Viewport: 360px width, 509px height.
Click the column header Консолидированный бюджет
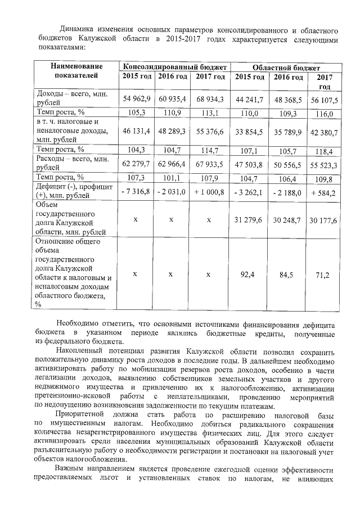click(x=174, y=66)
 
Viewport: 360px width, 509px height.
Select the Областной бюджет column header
click(x=287, y=66)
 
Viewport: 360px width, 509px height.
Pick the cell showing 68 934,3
click(x=210, y=98)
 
